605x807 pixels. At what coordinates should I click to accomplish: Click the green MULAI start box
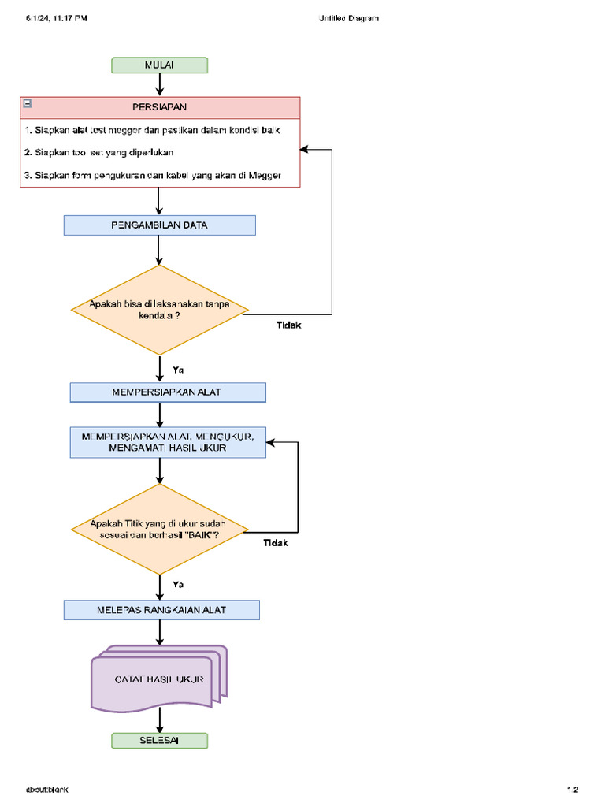click(160, 65)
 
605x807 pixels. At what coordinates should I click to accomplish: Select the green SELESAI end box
click(160, 741)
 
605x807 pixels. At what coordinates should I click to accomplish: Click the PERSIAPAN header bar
click(160, 106)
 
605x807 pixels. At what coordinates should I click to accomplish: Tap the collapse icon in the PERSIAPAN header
click(28, 103)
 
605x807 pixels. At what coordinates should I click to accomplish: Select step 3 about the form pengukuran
click(158, 175)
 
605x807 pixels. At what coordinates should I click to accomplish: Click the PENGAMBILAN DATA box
click(160, 225)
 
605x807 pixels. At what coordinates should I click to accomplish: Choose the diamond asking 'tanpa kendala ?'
click(160, 310)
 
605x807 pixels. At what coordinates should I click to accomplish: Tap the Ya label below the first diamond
click(178, 370)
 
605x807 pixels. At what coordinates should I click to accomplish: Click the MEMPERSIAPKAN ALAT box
click(168, 392)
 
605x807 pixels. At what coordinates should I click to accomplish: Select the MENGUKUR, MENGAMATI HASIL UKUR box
click(168, 442)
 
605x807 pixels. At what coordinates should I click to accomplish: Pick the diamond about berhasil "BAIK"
click(160, 529)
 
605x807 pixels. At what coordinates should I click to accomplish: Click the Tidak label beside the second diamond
click(275, 543)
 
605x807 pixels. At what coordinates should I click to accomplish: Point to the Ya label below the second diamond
click(178, 585)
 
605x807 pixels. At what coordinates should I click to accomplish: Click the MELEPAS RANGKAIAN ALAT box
click(161, 610)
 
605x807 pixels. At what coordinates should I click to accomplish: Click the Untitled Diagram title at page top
click(343, 18)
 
